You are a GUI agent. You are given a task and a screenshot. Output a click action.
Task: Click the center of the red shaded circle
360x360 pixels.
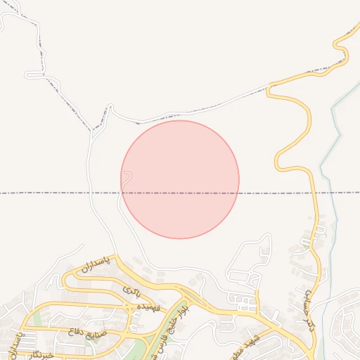[180, 179]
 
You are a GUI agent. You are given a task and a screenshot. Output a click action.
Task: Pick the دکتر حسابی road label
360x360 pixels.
[303, 310]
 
